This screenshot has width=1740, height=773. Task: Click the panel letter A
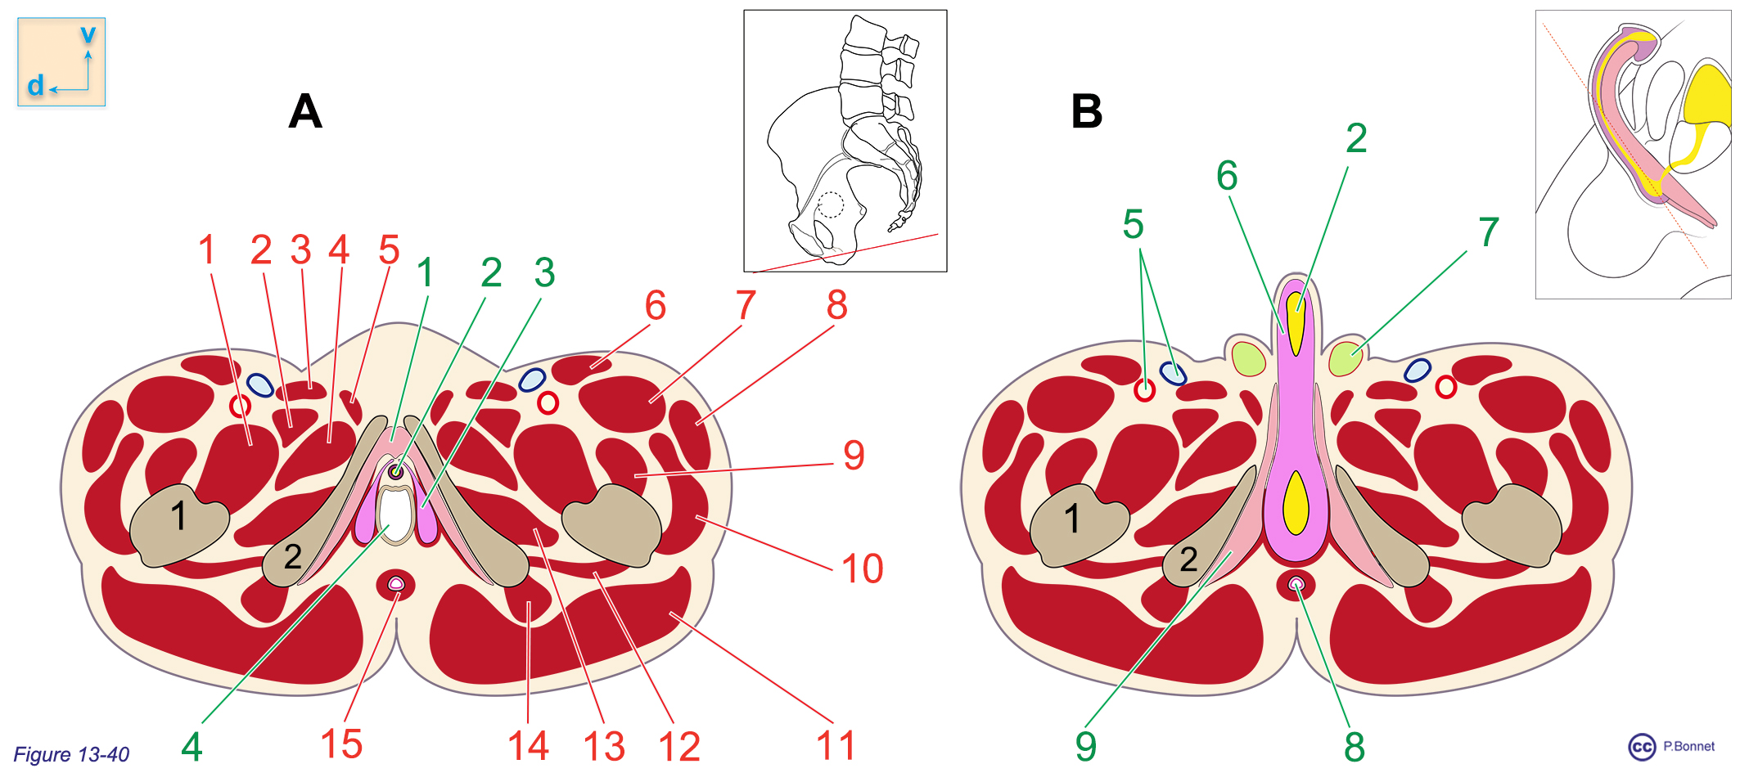click(x=305, y=111)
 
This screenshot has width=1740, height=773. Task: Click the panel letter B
click(x=1087, y=111)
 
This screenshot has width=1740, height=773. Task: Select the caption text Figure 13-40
click(x=71, y=754)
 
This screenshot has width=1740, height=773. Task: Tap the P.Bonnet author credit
click(x=1688, y=746)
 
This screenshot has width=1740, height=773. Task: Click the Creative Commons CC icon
click(x=1642, y=747)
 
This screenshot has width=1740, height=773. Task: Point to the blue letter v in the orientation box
click(x=88, y=35)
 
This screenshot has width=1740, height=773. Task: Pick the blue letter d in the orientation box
click(x=35, y=86)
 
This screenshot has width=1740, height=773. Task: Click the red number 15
click(x=341, y=744)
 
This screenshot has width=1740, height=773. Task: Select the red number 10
click(x=862, y=569)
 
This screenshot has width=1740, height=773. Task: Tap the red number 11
click(x=835, y=746)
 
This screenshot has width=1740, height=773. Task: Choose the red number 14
click(x=528, y=746)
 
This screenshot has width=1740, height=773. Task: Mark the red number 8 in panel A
click(x=836, y=305)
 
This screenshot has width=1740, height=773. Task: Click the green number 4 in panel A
click(x=192, y=746)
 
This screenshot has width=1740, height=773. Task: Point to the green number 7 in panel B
click(x=1489, y=232)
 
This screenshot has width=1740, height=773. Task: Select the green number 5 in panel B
click(x=1133, y=224)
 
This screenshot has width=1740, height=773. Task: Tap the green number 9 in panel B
click(x=1085, y=746)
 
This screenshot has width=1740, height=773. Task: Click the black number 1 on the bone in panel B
click(x=1072, y=519)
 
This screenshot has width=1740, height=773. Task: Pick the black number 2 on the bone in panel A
click(x=292, y=557)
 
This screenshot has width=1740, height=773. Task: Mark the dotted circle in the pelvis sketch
click(x=830, y=204)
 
